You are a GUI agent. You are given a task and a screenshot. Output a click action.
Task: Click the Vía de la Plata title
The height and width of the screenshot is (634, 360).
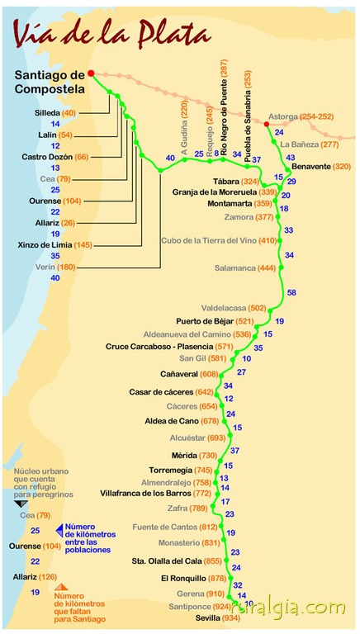112,34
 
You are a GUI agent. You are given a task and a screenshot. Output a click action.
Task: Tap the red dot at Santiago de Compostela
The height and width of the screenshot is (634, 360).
91,73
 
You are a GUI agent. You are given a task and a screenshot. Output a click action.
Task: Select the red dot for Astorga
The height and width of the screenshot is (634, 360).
267,124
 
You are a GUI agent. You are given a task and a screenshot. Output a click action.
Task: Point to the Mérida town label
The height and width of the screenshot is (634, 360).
185,456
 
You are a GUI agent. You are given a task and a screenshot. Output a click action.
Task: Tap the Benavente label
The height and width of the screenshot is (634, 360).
310,166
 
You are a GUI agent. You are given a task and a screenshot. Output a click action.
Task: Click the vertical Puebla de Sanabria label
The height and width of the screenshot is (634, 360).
248,116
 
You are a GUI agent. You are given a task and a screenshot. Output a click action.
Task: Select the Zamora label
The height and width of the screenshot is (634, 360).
239,217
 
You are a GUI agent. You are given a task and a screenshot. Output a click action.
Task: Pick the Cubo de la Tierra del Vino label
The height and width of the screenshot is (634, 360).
209,241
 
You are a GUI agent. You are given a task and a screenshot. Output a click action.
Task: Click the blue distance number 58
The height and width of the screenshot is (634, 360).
291,292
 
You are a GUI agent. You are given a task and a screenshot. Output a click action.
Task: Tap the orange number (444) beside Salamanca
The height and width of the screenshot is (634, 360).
267,268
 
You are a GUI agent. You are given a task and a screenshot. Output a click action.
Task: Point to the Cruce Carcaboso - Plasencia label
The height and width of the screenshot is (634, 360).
159,347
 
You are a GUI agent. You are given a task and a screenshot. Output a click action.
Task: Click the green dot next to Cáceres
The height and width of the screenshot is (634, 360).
221,406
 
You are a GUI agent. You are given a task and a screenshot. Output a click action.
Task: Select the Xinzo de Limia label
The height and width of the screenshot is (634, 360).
45,244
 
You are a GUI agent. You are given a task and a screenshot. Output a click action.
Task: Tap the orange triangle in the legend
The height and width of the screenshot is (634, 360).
61,587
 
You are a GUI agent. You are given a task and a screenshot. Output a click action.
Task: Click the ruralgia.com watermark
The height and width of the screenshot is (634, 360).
289,608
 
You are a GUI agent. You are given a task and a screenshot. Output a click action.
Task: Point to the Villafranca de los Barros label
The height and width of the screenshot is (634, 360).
145,494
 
